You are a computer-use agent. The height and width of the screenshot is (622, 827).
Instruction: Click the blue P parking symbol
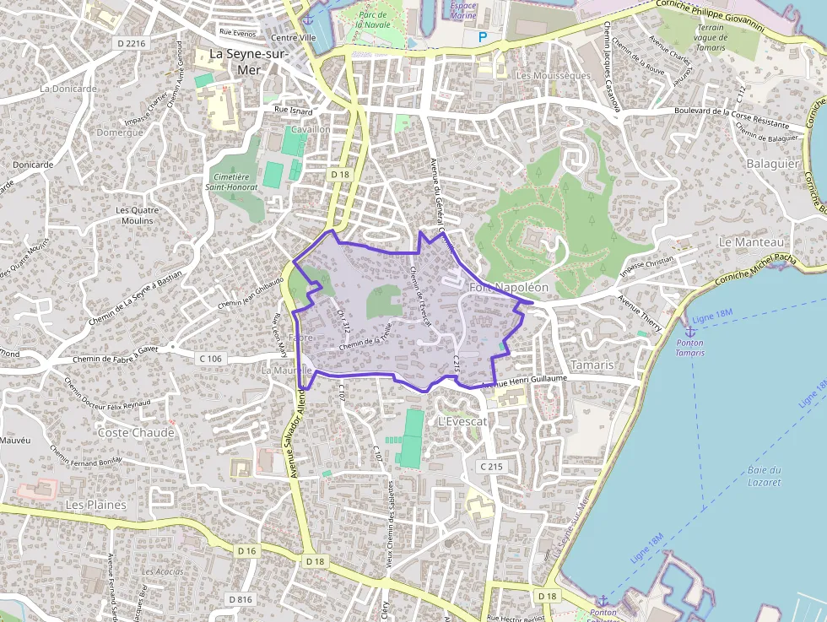tap(483, 37)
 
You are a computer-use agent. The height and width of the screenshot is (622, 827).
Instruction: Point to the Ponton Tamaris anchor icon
tap(689, 331)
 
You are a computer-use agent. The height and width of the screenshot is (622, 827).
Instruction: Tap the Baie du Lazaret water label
tap(764, 476)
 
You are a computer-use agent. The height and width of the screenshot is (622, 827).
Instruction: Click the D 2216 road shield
tap(132, 43)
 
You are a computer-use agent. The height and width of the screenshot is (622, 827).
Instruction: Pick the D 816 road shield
tap(240, 599)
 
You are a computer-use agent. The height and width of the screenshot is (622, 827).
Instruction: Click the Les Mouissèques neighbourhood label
tap(553, 75)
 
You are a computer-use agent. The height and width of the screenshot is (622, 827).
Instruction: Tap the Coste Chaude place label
tap(136, 433)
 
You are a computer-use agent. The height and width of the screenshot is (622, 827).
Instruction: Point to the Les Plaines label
tap(95, 505)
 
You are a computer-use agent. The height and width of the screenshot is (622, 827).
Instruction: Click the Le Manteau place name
tap(745, 241)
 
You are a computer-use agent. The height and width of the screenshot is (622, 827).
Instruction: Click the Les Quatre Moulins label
tap(135, 215)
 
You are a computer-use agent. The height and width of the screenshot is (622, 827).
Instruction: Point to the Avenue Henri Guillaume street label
tap(523, 381)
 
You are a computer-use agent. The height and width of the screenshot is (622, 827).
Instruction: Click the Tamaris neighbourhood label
tap(592, 365)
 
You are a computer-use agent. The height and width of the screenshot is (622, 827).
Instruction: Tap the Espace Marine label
tap(462, 10)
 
